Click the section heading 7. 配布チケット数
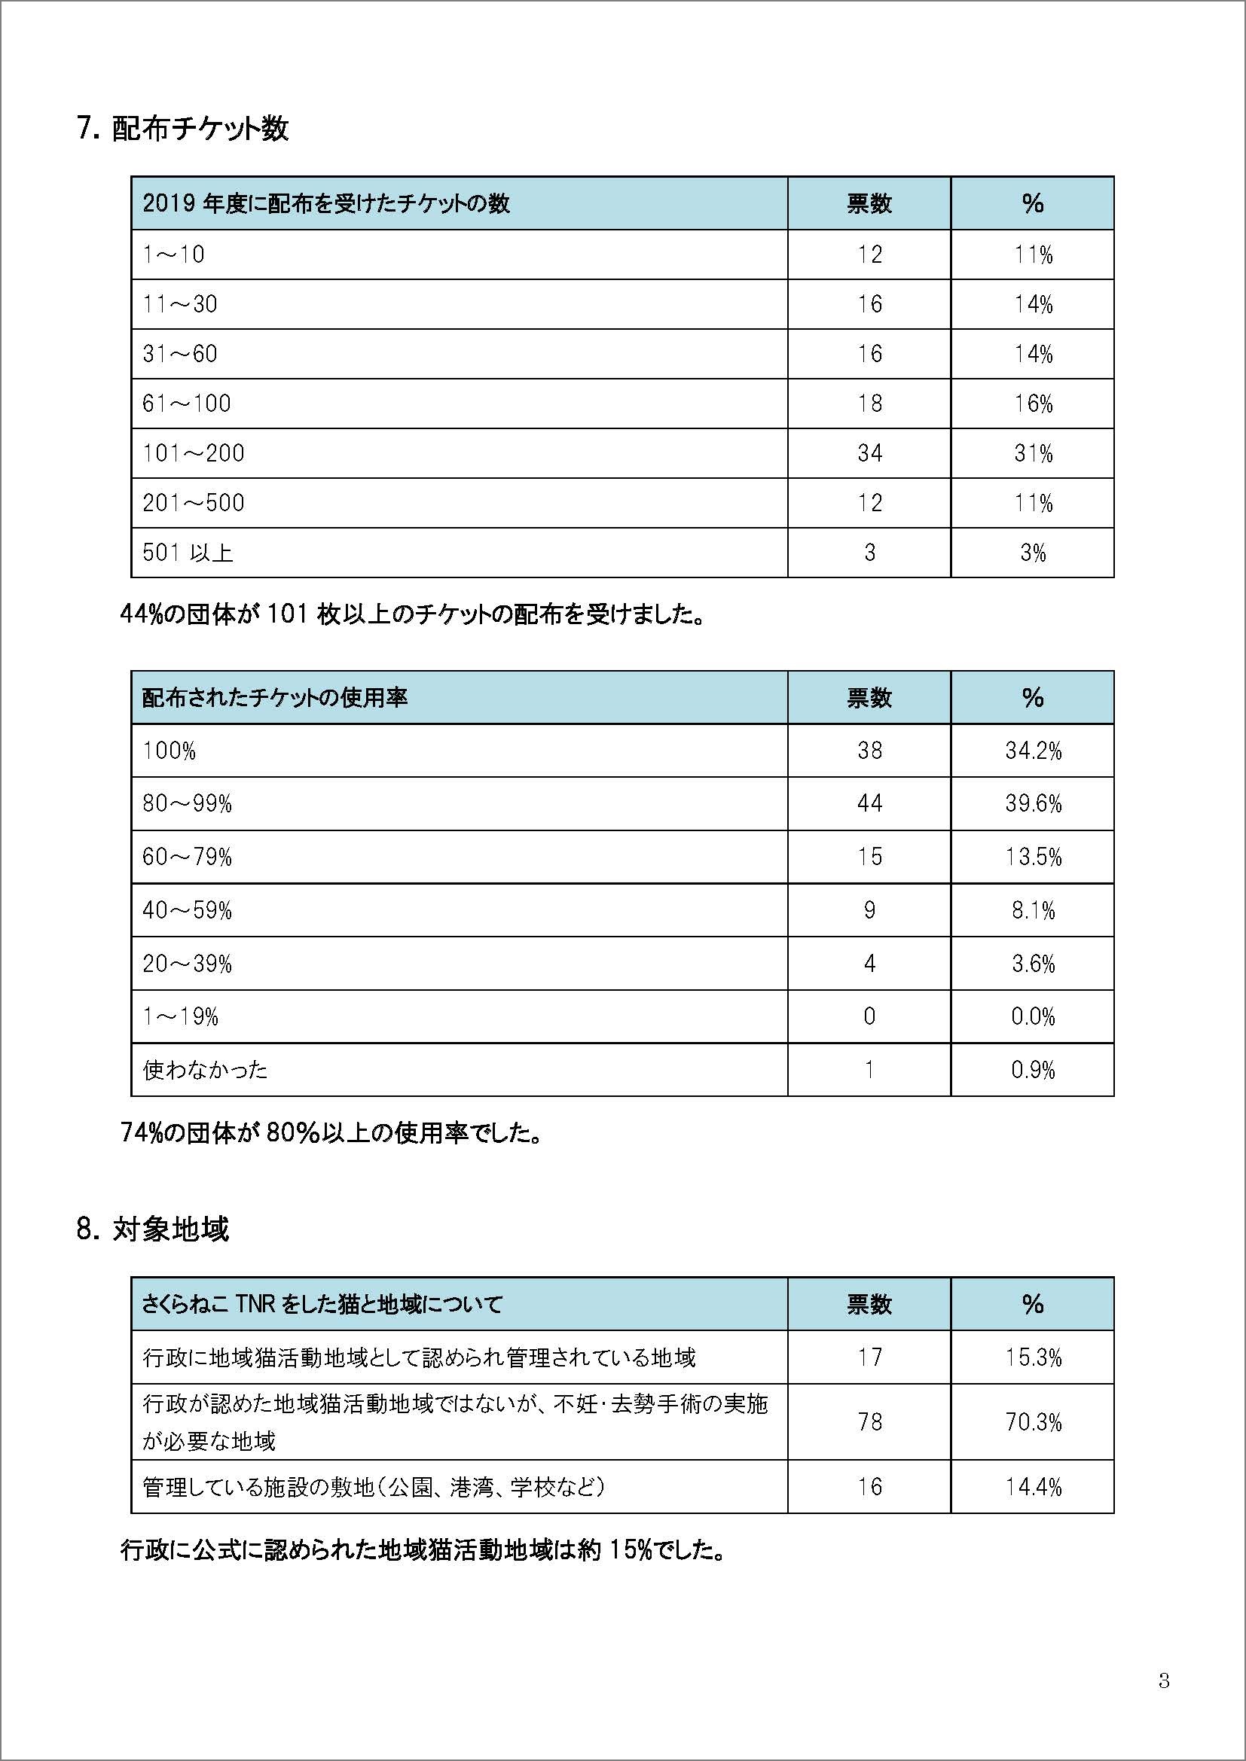point(182,129)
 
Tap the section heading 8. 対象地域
point(153,1229)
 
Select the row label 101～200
point(194,453)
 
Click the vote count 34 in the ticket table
point(869,453)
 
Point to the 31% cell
point(1033,453)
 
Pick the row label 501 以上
point(188,552)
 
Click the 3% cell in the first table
point(1033,552)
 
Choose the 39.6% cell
point(1033,804)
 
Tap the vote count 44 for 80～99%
point(869,804)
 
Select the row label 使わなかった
point(205,1069)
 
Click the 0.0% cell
point(1033,1016)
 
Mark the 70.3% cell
point(1033,1423)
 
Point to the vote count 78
point(869,1423)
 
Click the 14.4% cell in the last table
point(1033,1488)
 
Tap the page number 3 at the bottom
point(1164,1682)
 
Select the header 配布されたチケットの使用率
point(275,698)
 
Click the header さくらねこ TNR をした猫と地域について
point(322,1304)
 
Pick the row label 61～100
point(186,404)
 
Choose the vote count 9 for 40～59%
point(869,910)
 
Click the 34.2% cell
point(1033,751)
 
